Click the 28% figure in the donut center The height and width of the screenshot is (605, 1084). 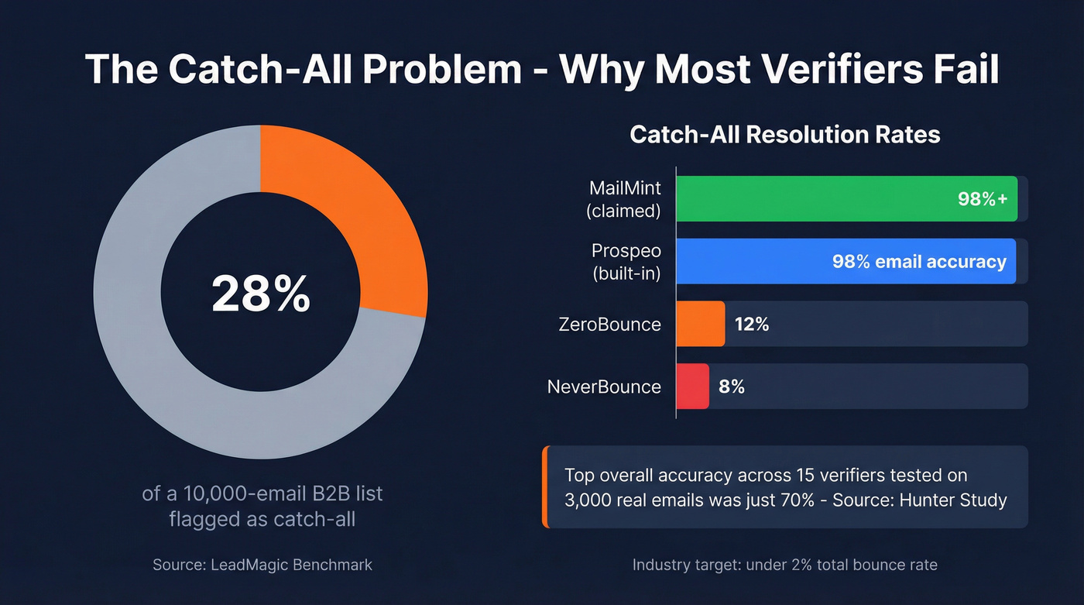pyautogui.click(x=261, y=295)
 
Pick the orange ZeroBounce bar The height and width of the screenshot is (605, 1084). pyautogui.click(x=700, y=324)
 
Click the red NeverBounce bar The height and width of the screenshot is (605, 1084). pyautogui.click(x=692, y=386)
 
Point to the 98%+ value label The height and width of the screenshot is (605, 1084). pyautogui.click(x=982, y=199)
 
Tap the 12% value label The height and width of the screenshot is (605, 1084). pyautogui.click(x=751, y=324)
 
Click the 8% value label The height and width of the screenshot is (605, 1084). pyautogui.click(x=732, y=386)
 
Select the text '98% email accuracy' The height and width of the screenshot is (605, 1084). pyautogui.click(x=918, y=262)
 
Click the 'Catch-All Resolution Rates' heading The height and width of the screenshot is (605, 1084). pyautogui.click(x=784, y=135)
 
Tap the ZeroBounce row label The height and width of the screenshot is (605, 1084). pyautogui.click(x=609, y=324)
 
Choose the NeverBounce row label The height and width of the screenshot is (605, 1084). pyautogui.click(x=604, y=386)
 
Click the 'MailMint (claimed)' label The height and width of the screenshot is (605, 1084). pyautogui.click(x=624, y=199)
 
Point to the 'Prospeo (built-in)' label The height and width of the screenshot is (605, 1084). pyautogui.click(x=626, y=262)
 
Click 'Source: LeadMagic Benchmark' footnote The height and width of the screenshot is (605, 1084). pyautogui.click(x=262, y=565)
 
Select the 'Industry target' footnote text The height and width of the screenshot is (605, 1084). pyautogui.click(x=784, y=565)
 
